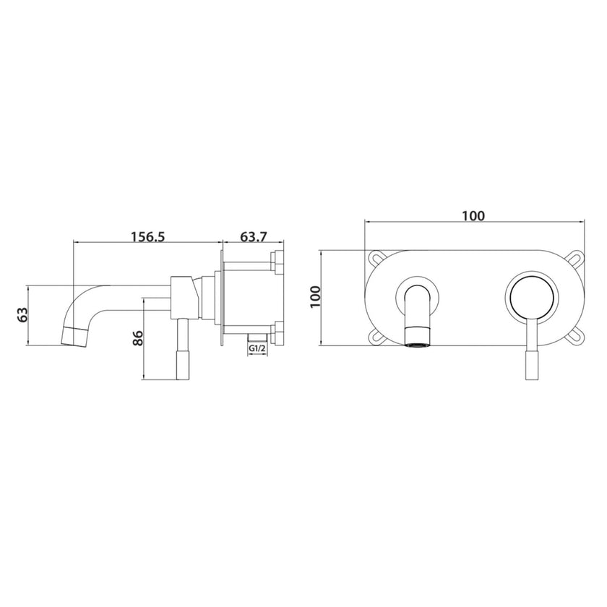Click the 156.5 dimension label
[147, 236]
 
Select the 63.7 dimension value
[254, 236]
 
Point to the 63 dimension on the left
[23, 314]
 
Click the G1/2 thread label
[257, 349]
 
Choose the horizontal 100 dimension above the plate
[473, 215]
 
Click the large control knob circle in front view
[533, 297]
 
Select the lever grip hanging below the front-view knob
[533, 361]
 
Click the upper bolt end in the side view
[277, 261]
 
